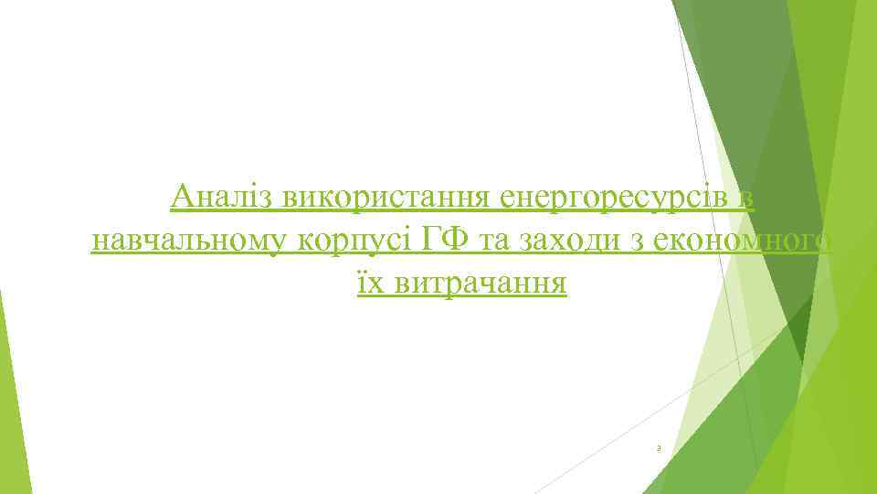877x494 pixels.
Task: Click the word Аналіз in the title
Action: tap(223, 197)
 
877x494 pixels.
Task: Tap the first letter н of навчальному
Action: tap(99, 242)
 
